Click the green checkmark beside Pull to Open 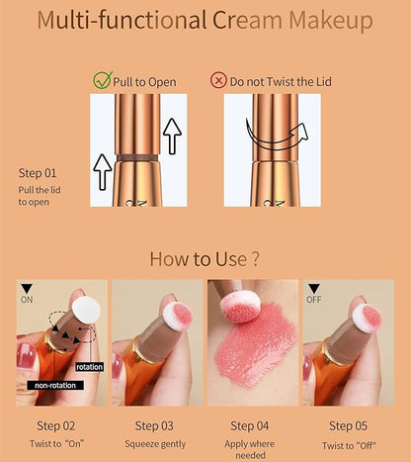pyautogui.click(x=103, y=80)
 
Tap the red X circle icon pyautogui.click(x=218, y=80)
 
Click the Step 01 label pyautogui.click(x=38, y=173)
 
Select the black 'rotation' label pyautogui.click(x=89, y=367)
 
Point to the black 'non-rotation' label pyautogui.click(x=55, y=385)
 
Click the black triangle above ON pyautogui.click(x=27, y=289)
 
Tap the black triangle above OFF pyautogui.click(x=314, y=289)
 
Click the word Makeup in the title pyautogui.click(x=331, y=21)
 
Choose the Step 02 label pyautogui.click(x=56, y=425)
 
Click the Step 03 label pyautogui.click(x=154, y=425)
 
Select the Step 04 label pyautogui.click(x=250, y=425)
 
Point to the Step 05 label pyautogui.click(x=348, y=425)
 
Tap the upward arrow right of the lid pyautogui.click(x=172, y=137)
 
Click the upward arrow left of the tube pyautogui.click(x=103, y=172)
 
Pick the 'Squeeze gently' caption pyautogui.click(x=155, y=444)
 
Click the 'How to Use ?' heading pyautogui.click(x=205, y=259)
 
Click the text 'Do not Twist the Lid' pyautogui.click(x=281, y=82)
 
